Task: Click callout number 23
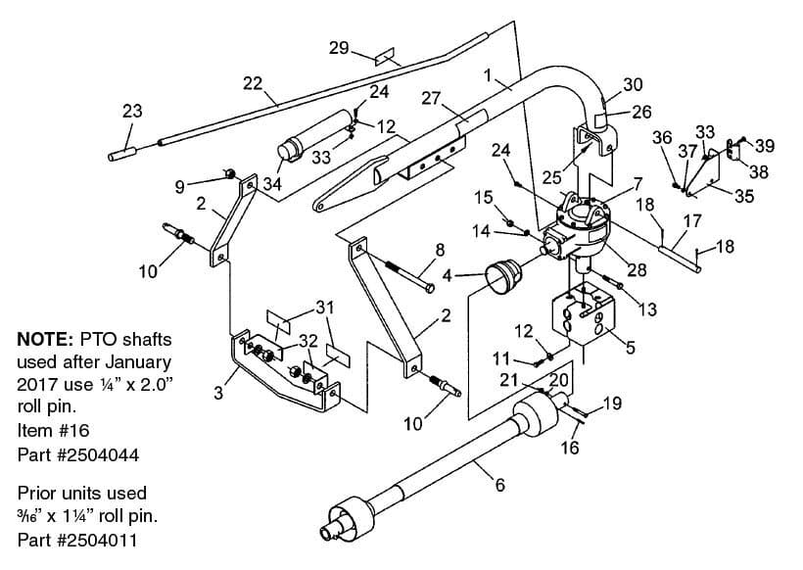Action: (132, 111)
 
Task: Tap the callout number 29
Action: (339, 48)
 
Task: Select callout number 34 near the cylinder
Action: (272, 183)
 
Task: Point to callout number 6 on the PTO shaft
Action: (499, 484)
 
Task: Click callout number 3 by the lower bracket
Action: (218, 393)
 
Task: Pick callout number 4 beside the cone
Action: (448, 276)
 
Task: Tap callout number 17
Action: (692, 221)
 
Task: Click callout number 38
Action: (759, 171)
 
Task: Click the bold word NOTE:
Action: (46, 339)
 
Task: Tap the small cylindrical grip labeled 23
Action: (121, 153)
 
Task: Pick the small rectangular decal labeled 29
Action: (385, 57)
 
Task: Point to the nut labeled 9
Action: (230, 174)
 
